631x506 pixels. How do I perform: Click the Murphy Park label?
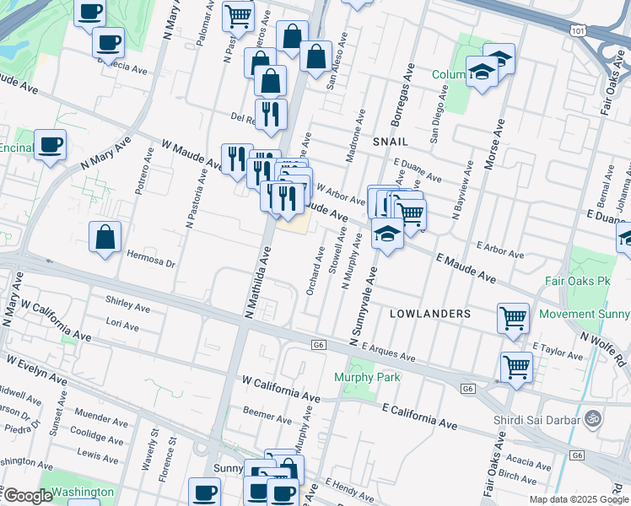(x=367, y=377)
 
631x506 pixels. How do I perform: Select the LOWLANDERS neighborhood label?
(x=430, y=313)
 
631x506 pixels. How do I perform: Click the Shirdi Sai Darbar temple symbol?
(x=593, y=417)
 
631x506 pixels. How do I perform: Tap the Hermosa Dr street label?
(x=150, y=261)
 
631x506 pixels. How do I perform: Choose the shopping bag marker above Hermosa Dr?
(x=105, y=238)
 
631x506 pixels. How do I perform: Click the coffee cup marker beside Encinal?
(x=50, y=144)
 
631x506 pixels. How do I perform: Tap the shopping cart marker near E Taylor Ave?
(x=516, y=367)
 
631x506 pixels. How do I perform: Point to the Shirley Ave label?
(x=127, y=303)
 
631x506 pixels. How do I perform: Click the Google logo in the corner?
(x=27, y=496)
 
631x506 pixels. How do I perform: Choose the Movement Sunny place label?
(x=584, y=314)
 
